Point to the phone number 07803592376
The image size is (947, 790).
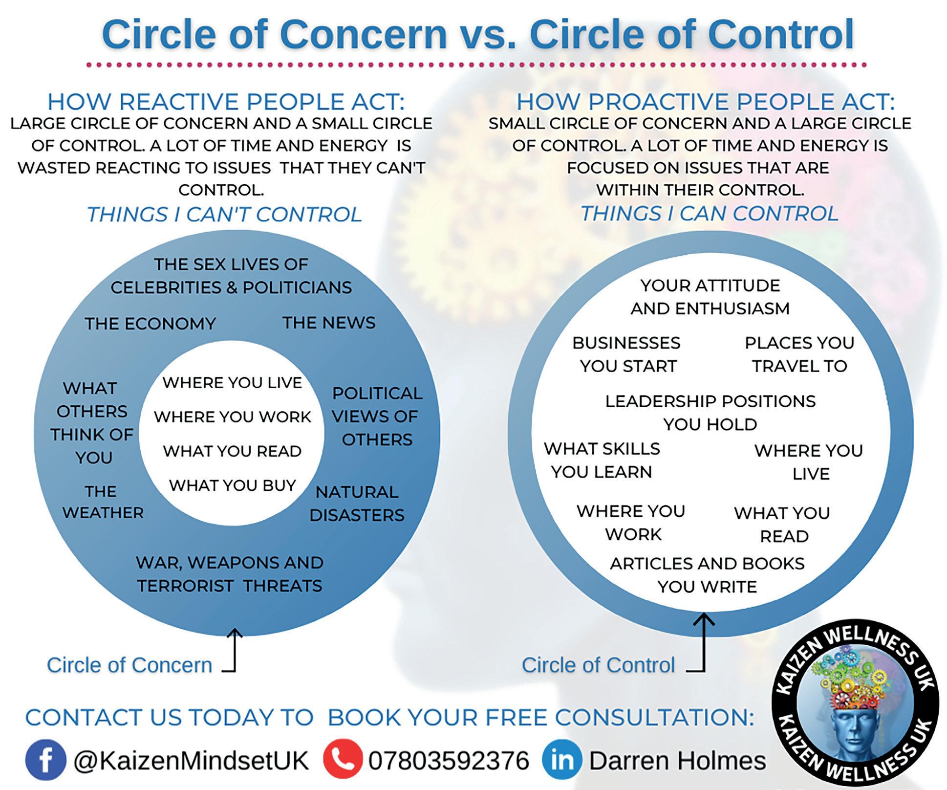point(449,761)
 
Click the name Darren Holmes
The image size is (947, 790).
point(677,761)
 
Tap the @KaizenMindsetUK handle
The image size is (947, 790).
point(191,761)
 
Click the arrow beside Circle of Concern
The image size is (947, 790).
point(234,650)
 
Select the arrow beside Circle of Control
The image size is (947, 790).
point(704,643)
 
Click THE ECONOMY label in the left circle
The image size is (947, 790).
point(151,324)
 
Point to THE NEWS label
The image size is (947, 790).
point(329,323)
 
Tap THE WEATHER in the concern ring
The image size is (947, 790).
point(103,502)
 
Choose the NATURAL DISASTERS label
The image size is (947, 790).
point(357,504)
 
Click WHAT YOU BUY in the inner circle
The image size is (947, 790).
point(233,485)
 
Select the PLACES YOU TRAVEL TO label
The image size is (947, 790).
point(799,354)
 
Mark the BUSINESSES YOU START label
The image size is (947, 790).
point(627,354)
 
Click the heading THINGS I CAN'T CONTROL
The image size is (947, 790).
point(224,214)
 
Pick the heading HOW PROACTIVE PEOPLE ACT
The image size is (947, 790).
point(706,102)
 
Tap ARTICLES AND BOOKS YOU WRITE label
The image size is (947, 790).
point(707,575)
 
